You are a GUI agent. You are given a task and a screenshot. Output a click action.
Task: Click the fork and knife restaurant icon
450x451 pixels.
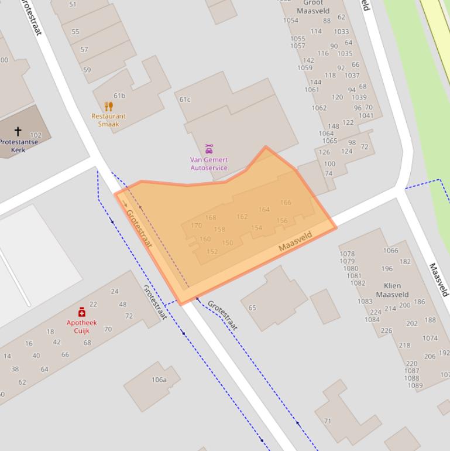[x=108, y=106]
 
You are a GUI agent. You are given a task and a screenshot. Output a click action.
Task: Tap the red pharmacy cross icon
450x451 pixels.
[x=82, y=313]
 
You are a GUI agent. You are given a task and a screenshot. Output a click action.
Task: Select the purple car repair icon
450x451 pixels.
[x=209, y=149]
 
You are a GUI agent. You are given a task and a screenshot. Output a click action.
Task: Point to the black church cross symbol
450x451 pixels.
[x=18, y=131]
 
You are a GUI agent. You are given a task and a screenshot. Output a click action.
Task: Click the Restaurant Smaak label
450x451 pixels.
[x=108, y=120]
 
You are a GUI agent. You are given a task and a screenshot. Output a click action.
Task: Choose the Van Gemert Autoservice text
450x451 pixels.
[x=209, y=164]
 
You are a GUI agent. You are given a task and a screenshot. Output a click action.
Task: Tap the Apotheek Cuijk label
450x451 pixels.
[x=81, y=327]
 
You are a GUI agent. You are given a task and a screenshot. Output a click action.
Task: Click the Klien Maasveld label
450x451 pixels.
[x=392, y=291]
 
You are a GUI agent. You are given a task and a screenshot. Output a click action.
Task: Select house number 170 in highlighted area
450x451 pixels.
[x=196, y=225]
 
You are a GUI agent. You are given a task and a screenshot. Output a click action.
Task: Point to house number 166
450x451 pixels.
[x=286, y=203]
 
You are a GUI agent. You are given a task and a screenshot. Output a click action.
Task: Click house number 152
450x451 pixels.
[x=212, y=252]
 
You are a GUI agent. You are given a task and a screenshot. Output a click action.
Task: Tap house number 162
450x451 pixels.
[x=242, y=217]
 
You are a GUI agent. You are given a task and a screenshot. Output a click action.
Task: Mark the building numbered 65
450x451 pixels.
[x=252, y=307]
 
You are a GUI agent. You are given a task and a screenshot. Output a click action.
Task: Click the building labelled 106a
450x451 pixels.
[x=159, y=380]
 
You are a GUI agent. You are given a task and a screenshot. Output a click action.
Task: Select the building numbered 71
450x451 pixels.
[x=328, y=421]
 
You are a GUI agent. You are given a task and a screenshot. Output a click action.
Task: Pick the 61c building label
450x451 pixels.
[x=185, y=100]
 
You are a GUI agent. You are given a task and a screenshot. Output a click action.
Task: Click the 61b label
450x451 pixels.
[x=119, y=95]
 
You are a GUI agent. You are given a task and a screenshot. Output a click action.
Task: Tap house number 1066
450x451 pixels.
[x=390, y=251]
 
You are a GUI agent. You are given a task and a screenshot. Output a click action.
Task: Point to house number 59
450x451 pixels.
[x=87, y=70]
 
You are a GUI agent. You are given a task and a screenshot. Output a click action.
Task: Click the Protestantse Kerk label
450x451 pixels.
[x=19, y=146]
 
